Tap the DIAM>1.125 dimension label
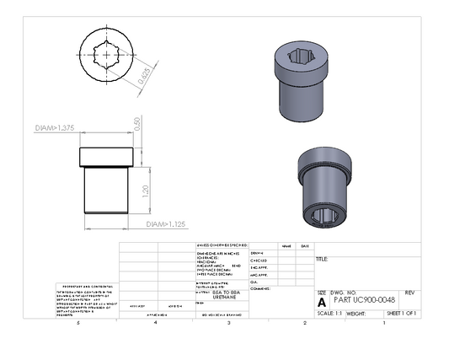click(x=165, y=224)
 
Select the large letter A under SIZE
click(x=321, y=301)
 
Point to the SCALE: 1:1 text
click(x=329, y=313)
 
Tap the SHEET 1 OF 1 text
click(x=401, y=313)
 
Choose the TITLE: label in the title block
click(x=323, y=260)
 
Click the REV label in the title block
click(x=409, y=292)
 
